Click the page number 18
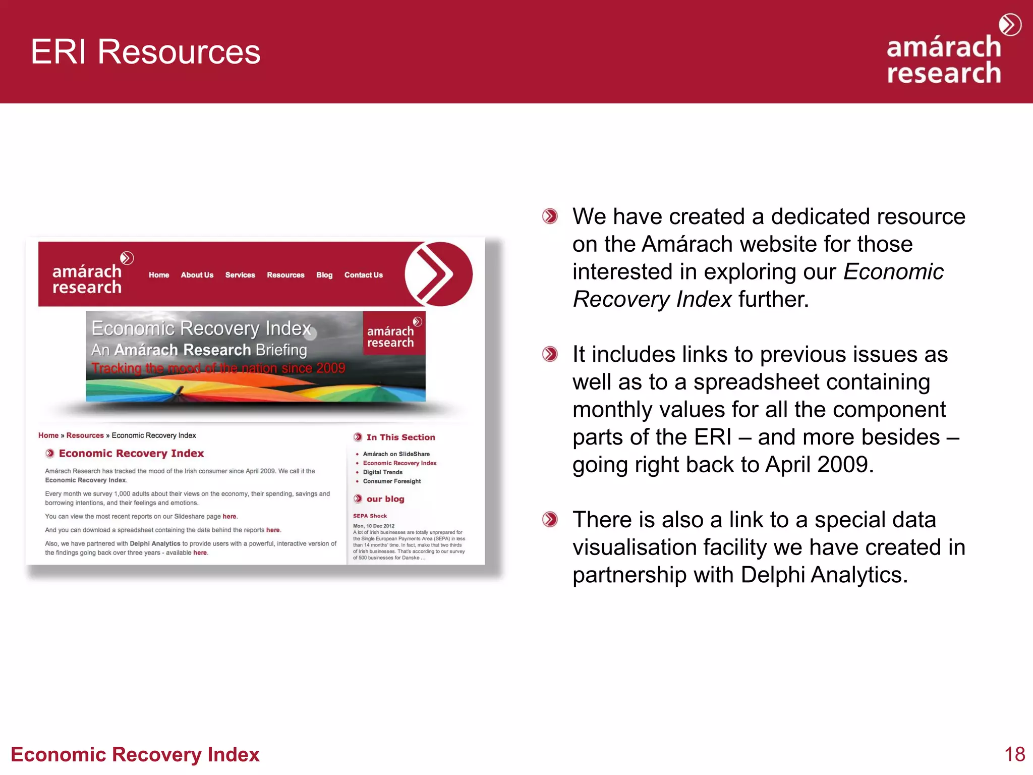pos(1014,754)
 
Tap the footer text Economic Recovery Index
pos(135,754)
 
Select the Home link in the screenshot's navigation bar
pos(158,275)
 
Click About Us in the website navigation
pos(197,275)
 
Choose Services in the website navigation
pos(240,275)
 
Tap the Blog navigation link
pos(324,275)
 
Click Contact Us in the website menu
pos(363,275)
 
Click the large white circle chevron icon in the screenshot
pos(437,274)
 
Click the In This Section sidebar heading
pos(400,437)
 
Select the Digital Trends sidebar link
pos(382,472)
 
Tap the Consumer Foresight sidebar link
pos(391,481)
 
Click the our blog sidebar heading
pos(385,499)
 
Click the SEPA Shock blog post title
pos(370,516)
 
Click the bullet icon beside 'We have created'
pos(550,216)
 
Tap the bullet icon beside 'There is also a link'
pos(550,519)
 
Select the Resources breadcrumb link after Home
pos(85,435)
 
